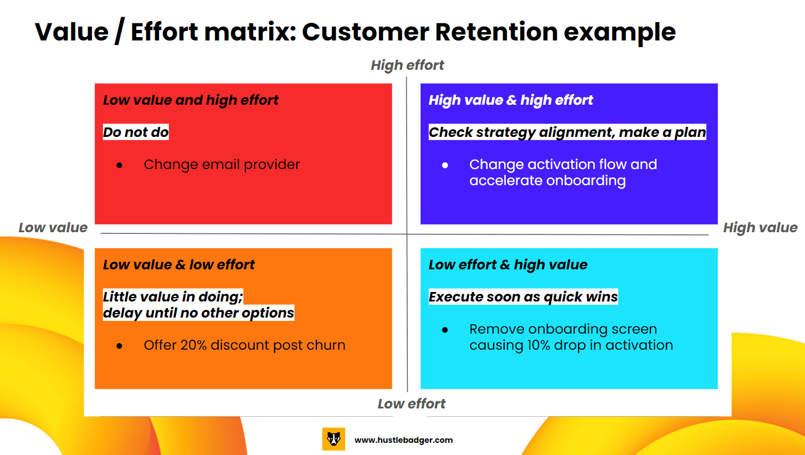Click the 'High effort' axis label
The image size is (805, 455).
click(x=407, y=65)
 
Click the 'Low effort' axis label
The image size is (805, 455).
click(x=411, y=404)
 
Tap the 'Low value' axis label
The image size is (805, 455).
click(x=53, y=227)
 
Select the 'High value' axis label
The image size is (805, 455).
click(x=760, y=227)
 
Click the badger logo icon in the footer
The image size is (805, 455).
click(x=334, y=439)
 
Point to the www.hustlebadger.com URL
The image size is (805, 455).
click(x=403, y=440)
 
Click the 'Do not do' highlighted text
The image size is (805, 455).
click(x=136, y=132)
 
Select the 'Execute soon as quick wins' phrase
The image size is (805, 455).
click(x=523, y=297)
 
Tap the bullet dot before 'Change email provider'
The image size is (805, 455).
click(x=120, y=165)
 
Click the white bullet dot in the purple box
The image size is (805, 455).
click(x=445, y=165)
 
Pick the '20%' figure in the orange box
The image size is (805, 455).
click(x=193, y=345)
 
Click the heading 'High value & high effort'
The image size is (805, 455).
click(x=511, y=100)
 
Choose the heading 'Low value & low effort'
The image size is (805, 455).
click(x=178, y=265)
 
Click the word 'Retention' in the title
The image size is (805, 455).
click(x=496, y=32)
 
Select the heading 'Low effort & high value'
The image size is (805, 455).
click(x=508, y=265)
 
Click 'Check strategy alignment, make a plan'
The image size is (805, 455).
click(x=567, y=132)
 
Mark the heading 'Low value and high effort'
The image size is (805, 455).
click(x=191, y=100)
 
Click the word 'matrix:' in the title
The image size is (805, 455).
click(x=250, y=32)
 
